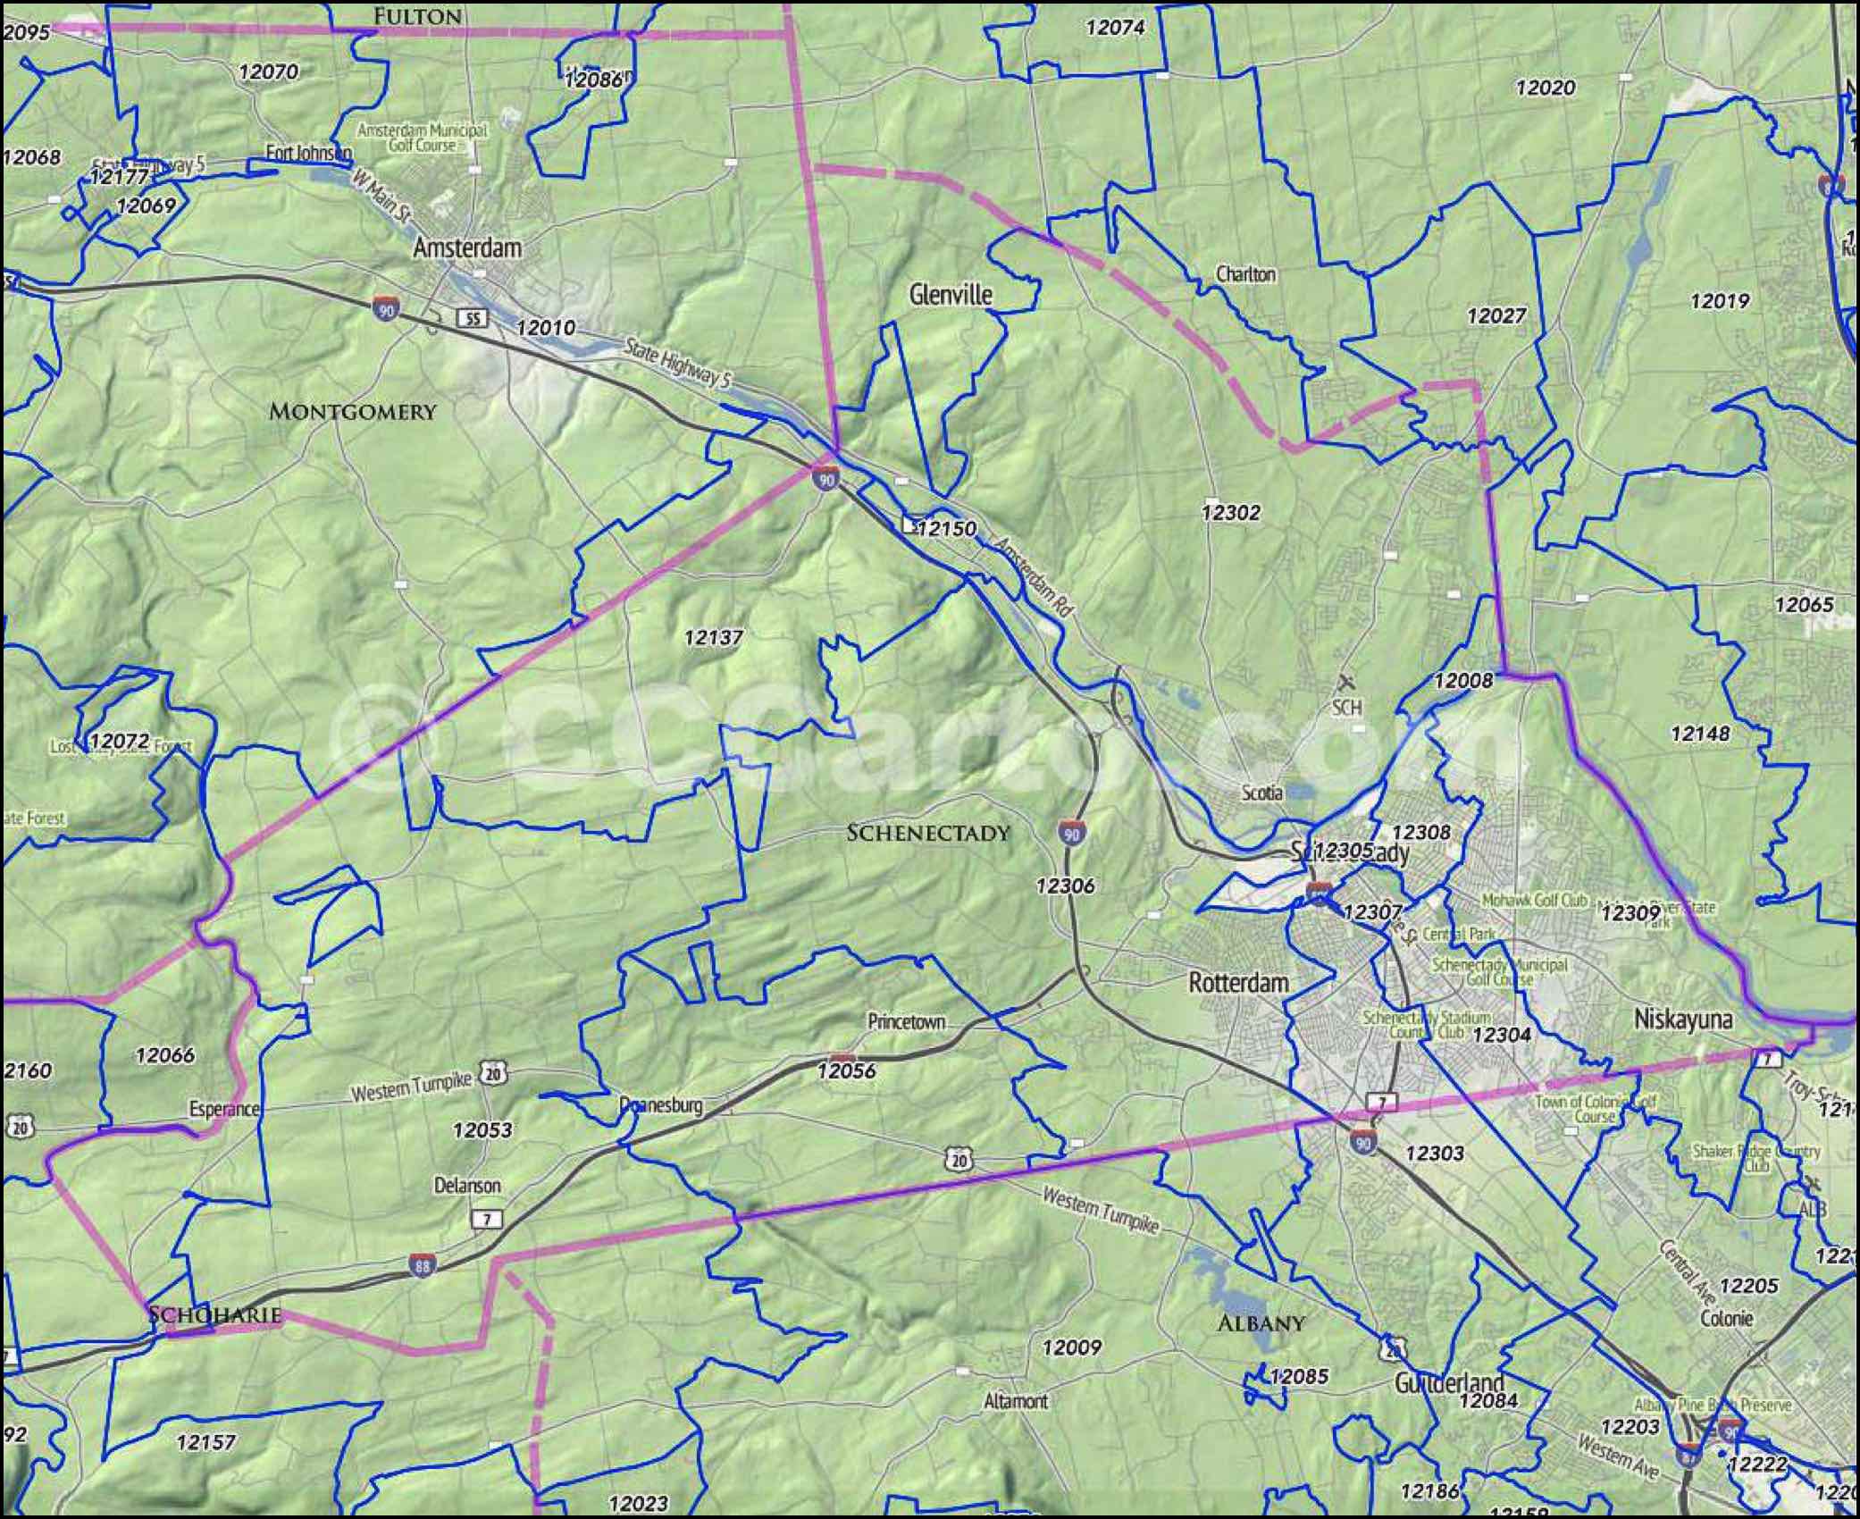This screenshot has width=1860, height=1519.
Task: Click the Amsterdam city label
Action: click(x=466, y=248)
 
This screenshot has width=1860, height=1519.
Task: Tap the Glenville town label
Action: click(x=951, y=295)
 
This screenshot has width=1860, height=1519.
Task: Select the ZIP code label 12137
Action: click(x=713, y=637)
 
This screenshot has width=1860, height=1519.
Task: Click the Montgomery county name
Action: click(x=352, y=412)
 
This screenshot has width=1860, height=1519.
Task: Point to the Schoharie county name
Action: click(x=214, y=1314)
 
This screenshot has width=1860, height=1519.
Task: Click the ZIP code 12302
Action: click(x=1230, y=512)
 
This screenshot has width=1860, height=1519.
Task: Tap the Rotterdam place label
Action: click(x=1238, y=983)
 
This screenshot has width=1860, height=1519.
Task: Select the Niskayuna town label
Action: click(x=1683, y=1020)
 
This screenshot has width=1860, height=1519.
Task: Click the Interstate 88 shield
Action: click(x=423, y=1266)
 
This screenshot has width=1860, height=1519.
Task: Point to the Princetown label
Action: click(x=906, y=1022)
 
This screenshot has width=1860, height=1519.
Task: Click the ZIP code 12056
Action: click(x=846, y=1070)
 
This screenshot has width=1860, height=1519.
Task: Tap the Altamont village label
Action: click(x=1016, y=1401)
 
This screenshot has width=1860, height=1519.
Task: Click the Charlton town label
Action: click(x=1245, y=274)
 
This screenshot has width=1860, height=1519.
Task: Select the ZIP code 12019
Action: click(x=1719, y=301)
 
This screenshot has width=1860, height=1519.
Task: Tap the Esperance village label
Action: click(x=224, y=1109)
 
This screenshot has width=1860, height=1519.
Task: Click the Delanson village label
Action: click(x=467, y=1186)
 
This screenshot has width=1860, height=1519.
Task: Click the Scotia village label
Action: click(x=1262, y=793)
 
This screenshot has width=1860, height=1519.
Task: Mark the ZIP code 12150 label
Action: click(x=946, y=528)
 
